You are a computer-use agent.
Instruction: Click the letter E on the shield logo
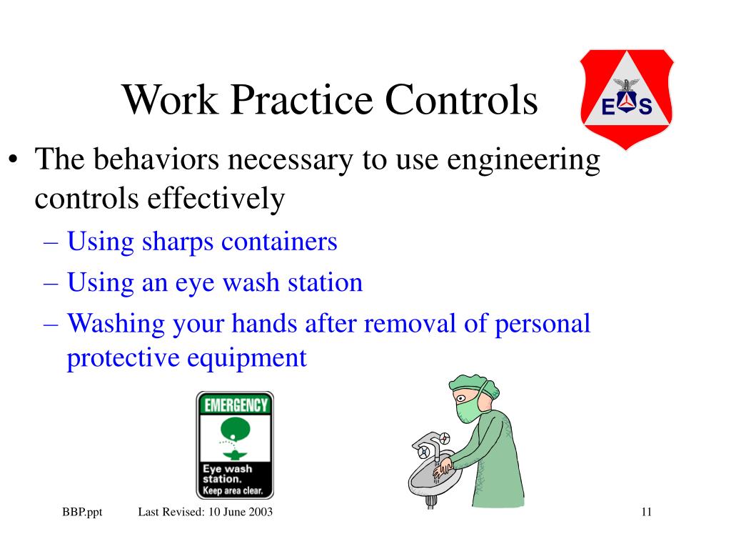[x=608, y=108]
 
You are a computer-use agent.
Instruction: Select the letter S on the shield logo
[x=645, y=108]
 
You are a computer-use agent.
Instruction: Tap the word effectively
[x=216, y=198]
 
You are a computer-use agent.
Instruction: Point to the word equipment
[x=247, y=357]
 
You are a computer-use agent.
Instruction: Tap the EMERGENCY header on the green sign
[x=236, y=405]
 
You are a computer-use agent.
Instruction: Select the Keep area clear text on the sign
[x=233, y=491]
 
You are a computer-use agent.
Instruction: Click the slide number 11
[x=647, y=512]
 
